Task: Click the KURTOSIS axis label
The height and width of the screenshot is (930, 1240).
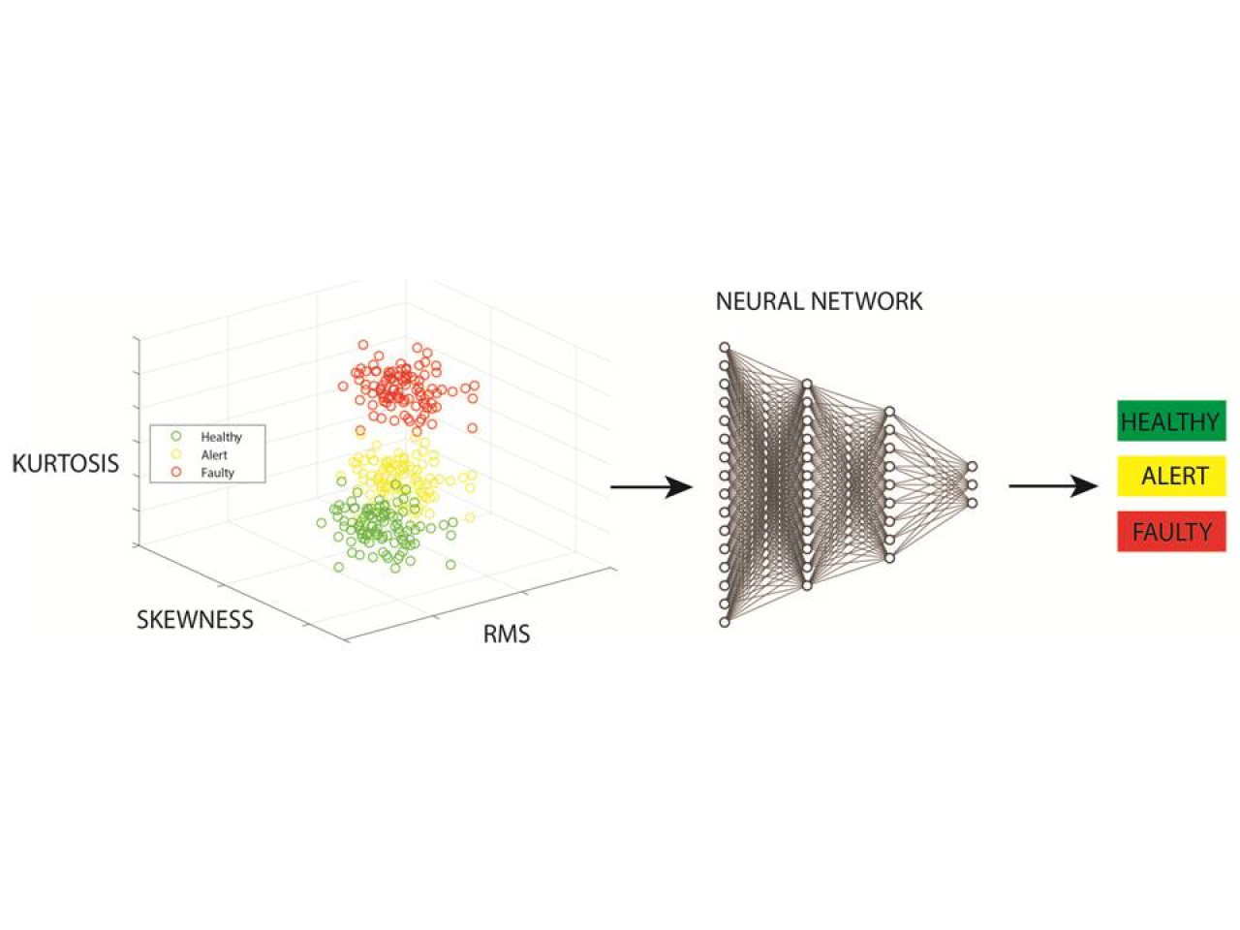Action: click(x=66, y=464)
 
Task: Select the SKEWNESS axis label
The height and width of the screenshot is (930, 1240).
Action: click(x=195, y=620)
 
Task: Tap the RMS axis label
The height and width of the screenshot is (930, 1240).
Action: click(x=506, y=635)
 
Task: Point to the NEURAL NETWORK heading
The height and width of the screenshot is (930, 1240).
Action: click(x=819, y=301)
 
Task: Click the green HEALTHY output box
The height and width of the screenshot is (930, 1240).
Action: click(x=1170, y=420)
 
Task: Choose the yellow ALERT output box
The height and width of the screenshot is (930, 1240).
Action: click(x=1170, y=476)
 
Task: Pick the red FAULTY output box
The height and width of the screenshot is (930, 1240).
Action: click(x=1170, y=531)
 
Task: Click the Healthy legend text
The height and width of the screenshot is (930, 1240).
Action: click(x=221, y=437)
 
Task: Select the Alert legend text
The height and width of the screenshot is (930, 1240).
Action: click(x=214, y=455)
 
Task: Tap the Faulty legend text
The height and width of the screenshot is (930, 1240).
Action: click(x=218, y=473)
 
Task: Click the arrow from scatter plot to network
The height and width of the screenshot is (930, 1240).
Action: click(x=651, y=486)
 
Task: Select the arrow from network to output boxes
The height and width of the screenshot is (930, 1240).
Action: click(x=1053, y=485)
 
